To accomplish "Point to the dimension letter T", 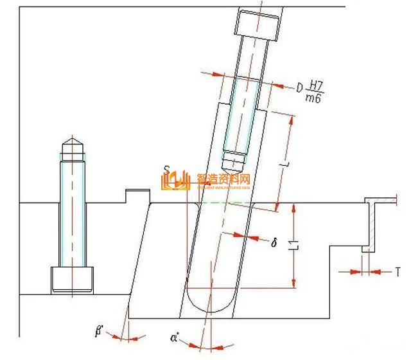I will pyautogui.click(x=398, y=271).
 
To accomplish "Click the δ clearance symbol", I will pyautogui.click(x=274, y=242).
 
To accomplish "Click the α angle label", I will pyautogui.click(x=175, y=335).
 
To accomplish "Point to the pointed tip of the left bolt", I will pyautogui.click(x=72, y=143).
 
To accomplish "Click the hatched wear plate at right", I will pyautogui.click(x=371, y=225).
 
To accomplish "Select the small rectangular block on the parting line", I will pyautogui.click(x=137, y=196).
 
